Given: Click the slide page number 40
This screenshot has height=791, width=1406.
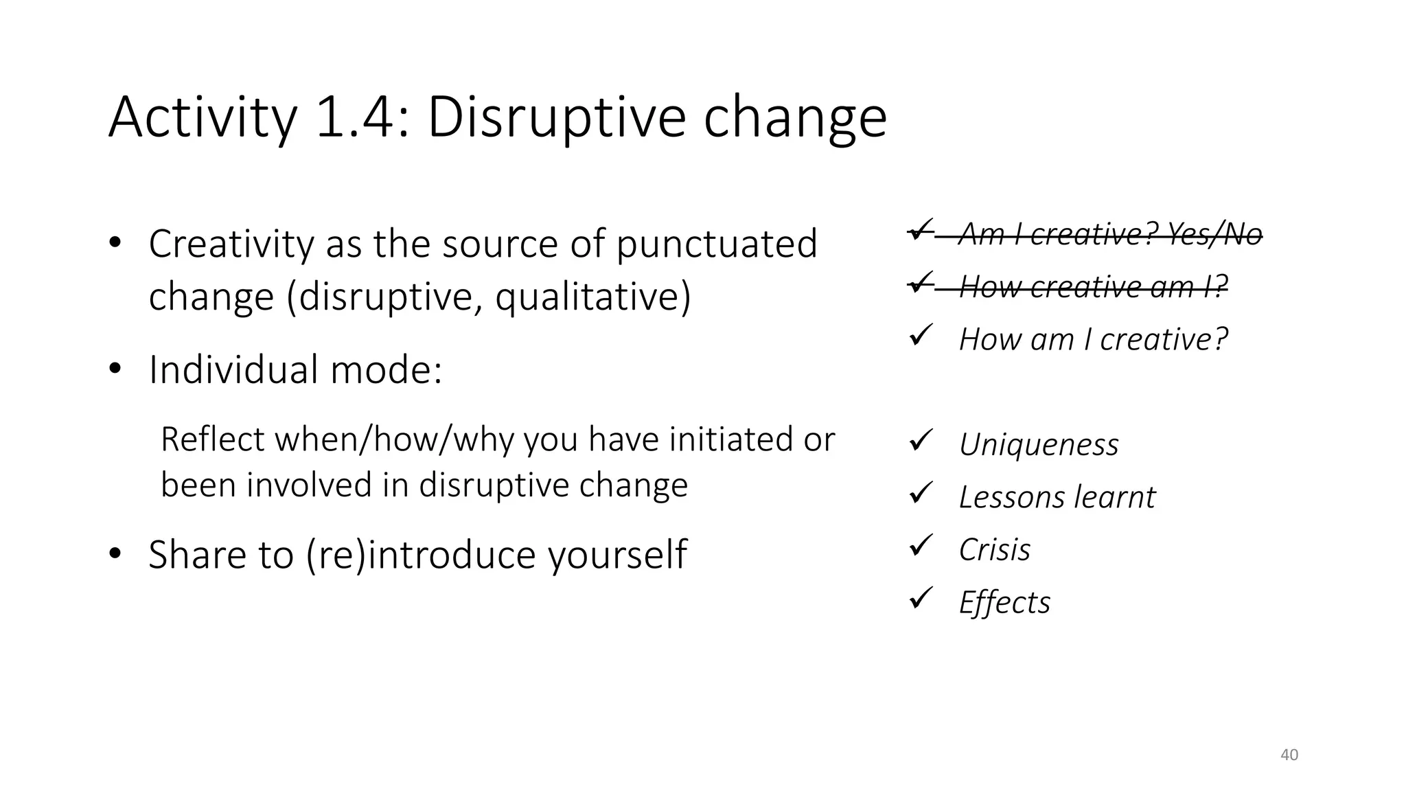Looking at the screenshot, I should pyautogui.click(x=1289, y=755).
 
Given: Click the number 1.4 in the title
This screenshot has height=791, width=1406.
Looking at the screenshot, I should pyautogui.click(x=354, y=118).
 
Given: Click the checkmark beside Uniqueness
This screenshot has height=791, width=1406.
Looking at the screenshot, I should pyautogui.click(x=920, y=440).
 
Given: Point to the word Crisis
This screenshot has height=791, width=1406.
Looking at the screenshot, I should pyautogui.click(x=994, y=550).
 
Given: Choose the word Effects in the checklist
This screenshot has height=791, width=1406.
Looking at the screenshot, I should pyautogui.click(x=1004, y=603).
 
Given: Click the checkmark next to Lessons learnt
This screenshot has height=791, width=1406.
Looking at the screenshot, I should pyautogui.click(x=920, y=493).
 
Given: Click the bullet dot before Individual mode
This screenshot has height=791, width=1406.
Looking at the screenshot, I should pyautogui.click(x=115, y=369).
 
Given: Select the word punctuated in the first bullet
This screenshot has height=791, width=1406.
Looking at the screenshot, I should pyautogui.click(x=717, y=244).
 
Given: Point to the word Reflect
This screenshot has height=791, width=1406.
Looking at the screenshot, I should pyautogui.click(x=212, y=439).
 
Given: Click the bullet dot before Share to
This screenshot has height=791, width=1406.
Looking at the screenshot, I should pyautogui.click(x=115, y=553).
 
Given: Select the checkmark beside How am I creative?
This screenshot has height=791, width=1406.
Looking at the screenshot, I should pyautogui.click(x=920, y=335).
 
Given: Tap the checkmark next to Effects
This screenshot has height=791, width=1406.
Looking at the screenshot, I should pyautogui.click(x=920, y=599).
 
